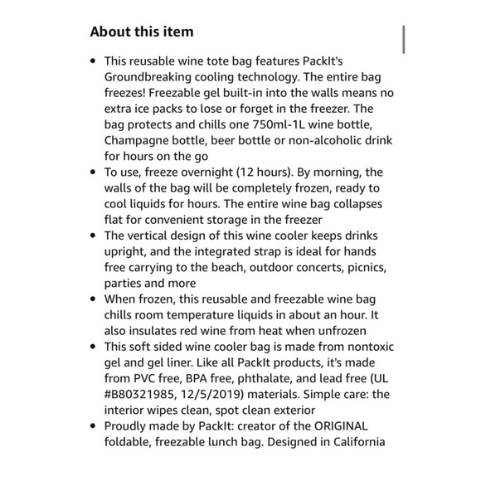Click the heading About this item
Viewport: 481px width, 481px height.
point(141,32)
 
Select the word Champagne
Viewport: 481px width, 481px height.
point(135,140)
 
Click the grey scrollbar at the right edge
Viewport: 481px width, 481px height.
point(403,38)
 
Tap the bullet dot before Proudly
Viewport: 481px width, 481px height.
point(93,425)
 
